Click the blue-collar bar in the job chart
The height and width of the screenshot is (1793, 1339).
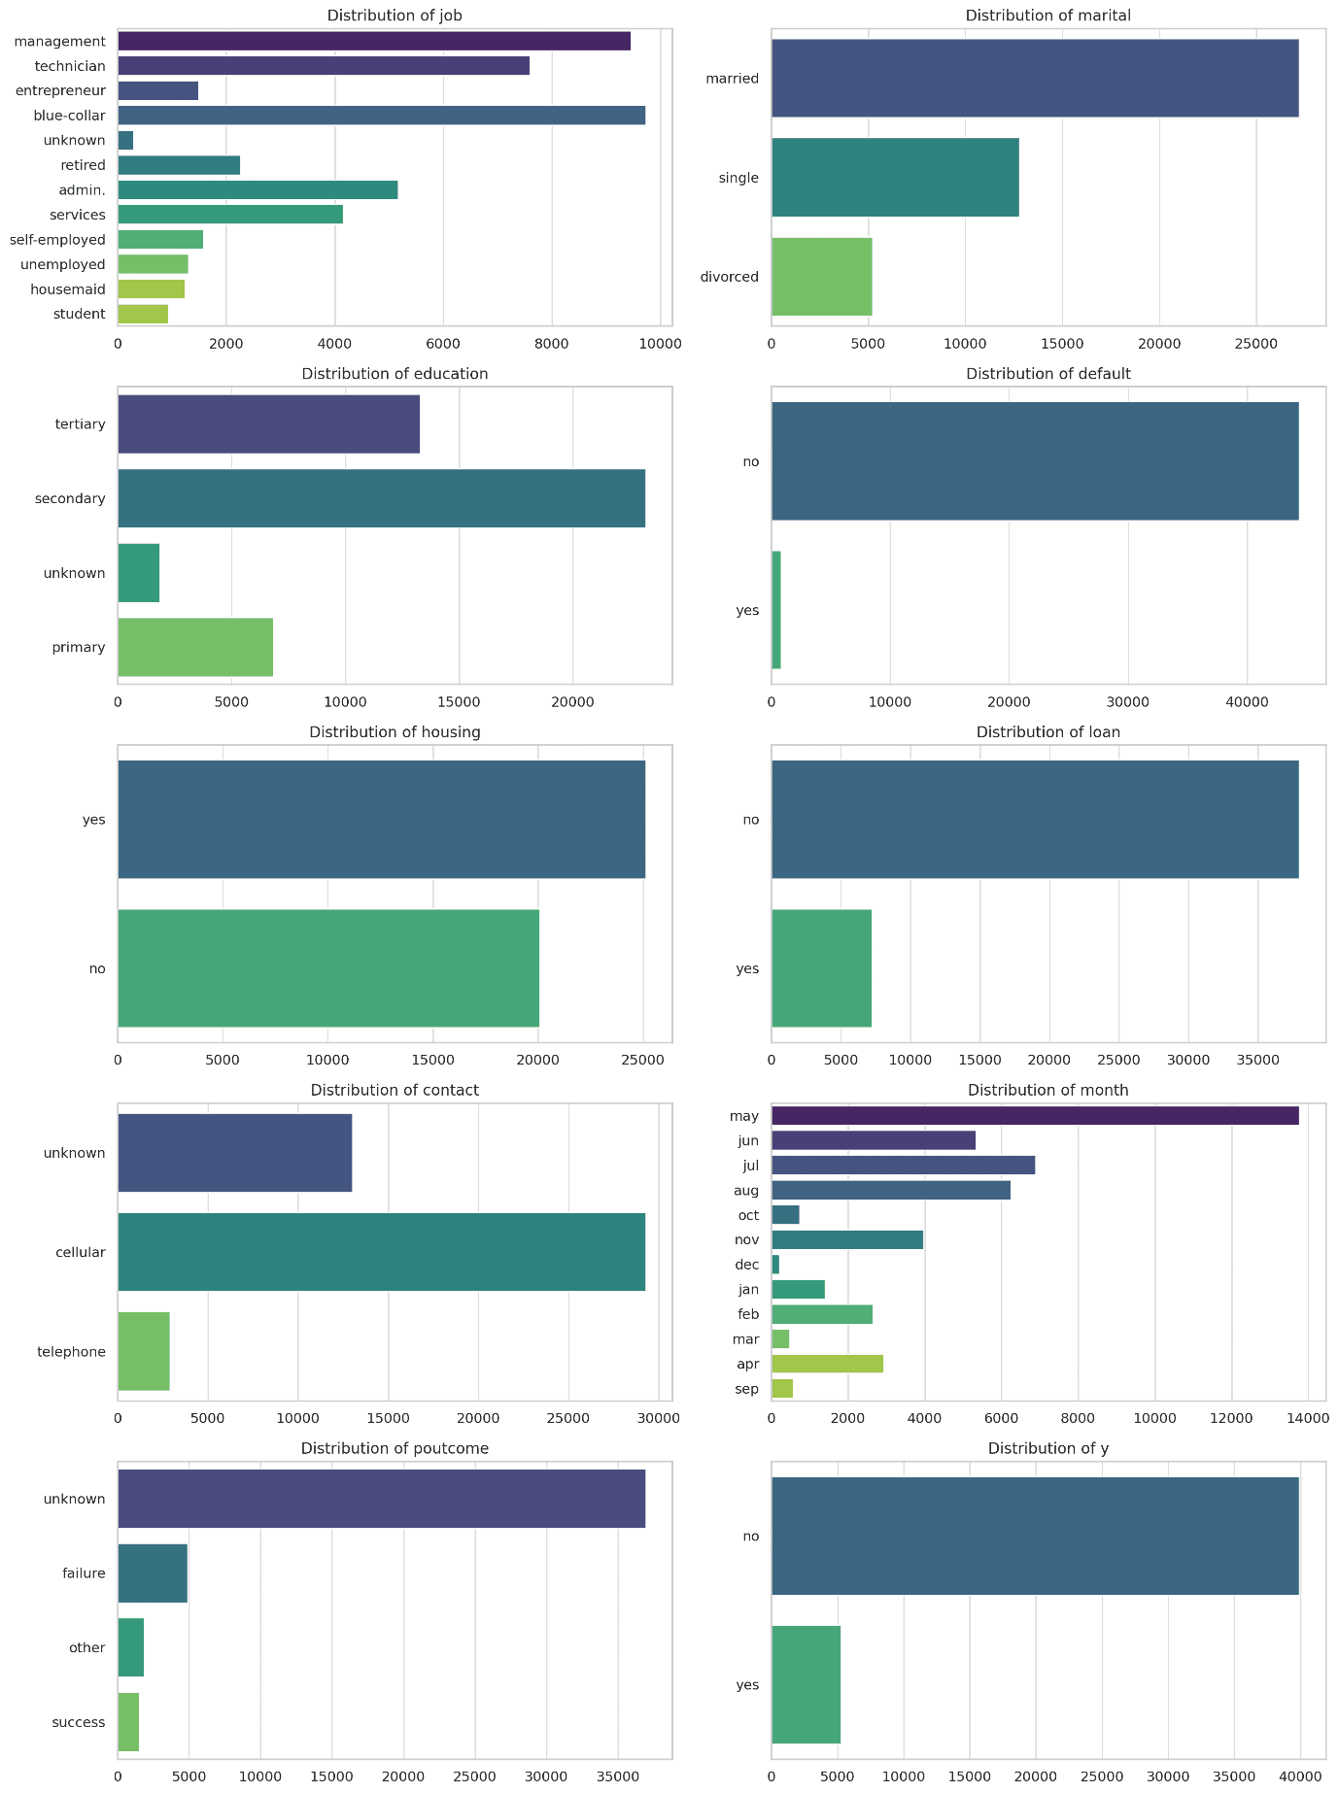(x=381, y=116)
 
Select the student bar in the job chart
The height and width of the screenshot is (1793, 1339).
(x=143, y=314)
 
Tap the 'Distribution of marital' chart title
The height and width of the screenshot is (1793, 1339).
(x=1047, y=16)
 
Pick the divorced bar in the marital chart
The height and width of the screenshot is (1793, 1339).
(x=821, y=277)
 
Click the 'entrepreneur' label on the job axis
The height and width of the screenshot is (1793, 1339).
(x=60, y=90)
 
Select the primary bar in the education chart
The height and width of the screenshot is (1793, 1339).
(x=194, y=647)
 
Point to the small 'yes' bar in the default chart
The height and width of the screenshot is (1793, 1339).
(x=776, y=610)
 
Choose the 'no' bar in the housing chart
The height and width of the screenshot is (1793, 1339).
(x=327, y=968)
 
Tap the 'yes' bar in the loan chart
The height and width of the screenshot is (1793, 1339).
(x=821, y=968)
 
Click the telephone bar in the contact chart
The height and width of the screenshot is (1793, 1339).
(x=144, y=1351)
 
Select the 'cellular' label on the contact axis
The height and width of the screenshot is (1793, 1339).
(x=80, y=1252)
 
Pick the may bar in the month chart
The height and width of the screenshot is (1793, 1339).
(x=1035, y=1116)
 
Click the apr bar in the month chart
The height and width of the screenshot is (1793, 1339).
(x=827, y=1364)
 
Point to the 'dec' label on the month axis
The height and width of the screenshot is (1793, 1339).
(x=747, y=1265)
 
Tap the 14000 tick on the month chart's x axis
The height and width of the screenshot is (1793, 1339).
(x=1308, y=1419)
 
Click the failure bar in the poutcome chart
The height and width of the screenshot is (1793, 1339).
(x=153, y=1573)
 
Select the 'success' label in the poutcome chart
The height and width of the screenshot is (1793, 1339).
(x=79, y=1722)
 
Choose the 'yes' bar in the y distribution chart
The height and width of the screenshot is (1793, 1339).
(x=806, y=1685)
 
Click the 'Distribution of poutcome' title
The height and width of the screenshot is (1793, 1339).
(x=395, y=1448)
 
